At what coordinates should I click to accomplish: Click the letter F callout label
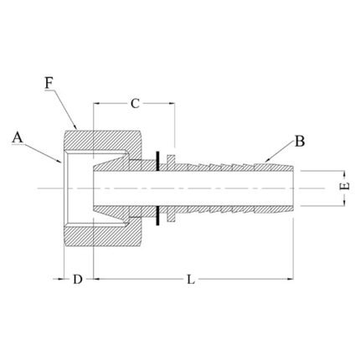[49, 83]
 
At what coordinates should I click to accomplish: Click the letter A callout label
[18, 138]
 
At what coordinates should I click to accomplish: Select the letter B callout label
[300, 141]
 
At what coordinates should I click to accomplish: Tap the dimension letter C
[135, 104]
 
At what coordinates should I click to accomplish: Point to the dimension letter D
[78, 279]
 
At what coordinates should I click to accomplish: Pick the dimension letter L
[191, 279]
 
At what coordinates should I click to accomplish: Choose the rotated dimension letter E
[345, 186]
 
